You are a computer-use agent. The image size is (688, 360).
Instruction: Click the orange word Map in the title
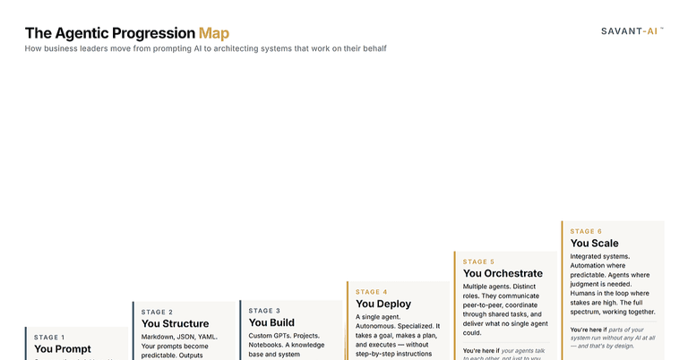[x=213, y=33]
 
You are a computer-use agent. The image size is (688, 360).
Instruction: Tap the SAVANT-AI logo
[x=632, y=30]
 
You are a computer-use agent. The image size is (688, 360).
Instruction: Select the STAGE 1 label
[x=49, y=338]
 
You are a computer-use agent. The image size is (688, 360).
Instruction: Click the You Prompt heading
[x=63, y=349]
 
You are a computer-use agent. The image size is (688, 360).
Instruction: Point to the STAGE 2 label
[x=157, y=313]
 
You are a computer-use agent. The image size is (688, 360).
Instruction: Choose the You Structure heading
[x=175, y=324]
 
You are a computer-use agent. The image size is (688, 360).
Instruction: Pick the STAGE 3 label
[x=264, y=311]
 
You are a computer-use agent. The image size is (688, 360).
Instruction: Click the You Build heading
[x=271, y=322]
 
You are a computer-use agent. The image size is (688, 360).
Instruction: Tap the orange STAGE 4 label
[x=372, y=292]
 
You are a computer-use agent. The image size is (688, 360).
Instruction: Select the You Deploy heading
[x=383, y=304]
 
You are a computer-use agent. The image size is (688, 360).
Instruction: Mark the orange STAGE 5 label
[x=478, y=261]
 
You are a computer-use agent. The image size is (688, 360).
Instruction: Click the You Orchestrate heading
[x=503, y=273]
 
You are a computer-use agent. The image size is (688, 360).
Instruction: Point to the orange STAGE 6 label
[x=586, y=231]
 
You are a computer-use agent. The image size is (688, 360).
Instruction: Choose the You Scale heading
[x=594, y=244]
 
